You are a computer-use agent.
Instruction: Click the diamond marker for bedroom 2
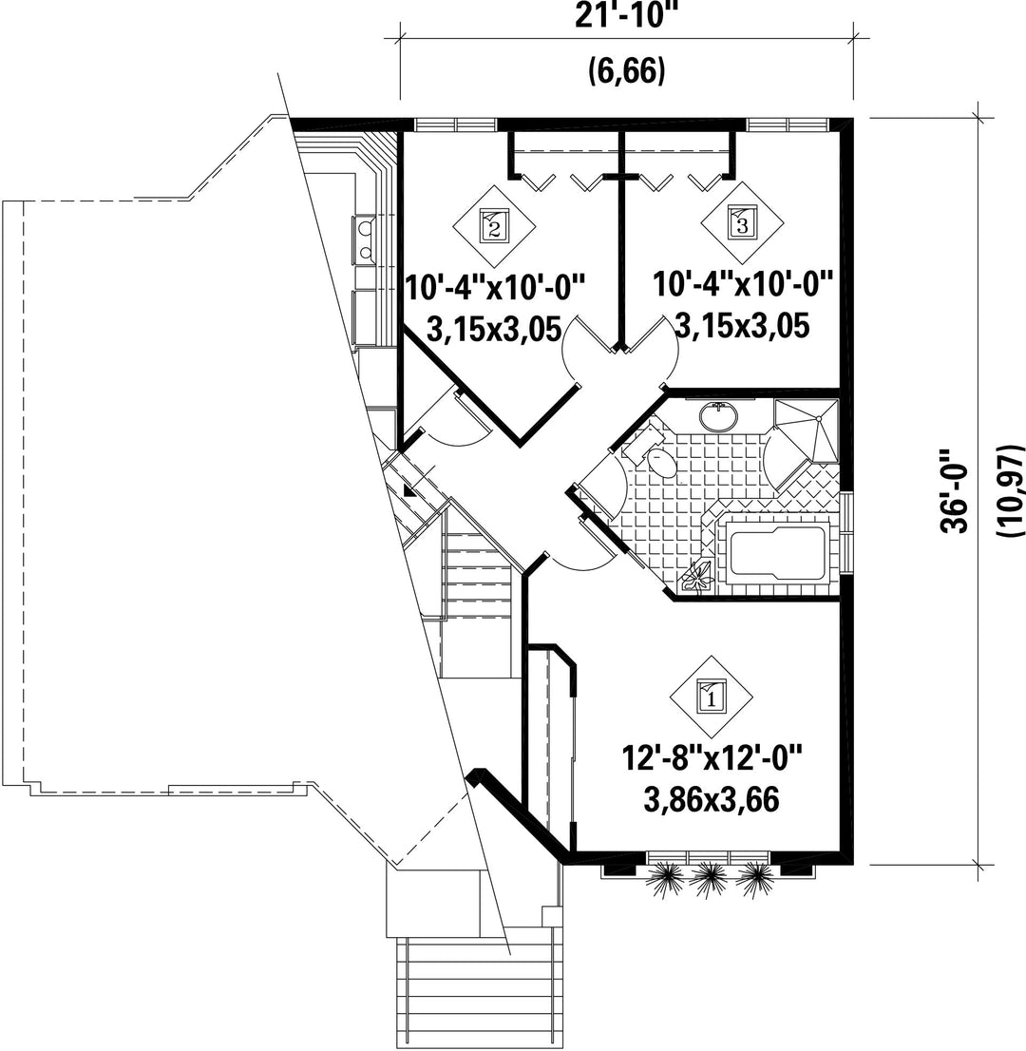click(494, 225)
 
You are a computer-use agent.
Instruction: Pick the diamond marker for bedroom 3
click(742, 221)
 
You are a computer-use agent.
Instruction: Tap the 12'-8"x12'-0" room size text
click(712, 761)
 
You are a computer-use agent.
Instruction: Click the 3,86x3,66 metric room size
click(711, 799)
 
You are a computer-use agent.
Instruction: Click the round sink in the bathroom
click(718, 417)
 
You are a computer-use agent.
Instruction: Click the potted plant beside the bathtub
click(698, 575)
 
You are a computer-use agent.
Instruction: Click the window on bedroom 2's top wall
click(456, 124)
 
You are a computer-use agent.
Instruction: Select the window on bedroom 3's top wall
click(788, 124)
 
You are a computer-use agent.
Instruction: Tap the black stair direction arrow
click(408, 490)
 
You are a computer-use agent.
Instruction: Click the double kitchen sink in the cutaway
click(364, 240)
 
